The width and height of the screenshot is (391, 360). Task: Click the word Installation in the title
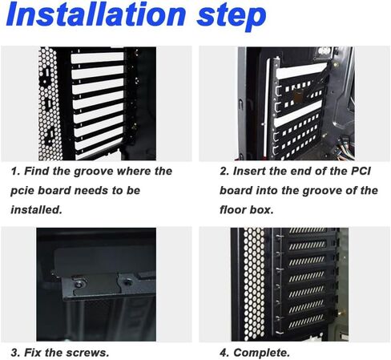(95, 14)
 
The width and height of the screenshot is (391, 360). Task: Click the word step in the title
(232, 17)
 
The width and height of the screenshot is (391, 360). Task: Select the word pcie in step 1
(22, 191)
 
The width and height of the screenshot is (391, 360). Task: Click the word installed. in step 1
(36, 209)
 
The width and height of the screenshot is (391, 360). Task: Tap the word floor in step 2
(232, 209)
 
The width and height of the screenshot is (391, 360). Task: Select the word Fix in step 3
(33, 353)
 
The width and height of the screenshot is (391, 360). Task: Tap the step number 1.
(14, 172)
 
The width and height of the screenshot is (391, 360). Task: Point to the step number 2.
(224, 172)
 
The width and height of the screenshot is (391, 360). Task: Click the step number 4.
(224, 353)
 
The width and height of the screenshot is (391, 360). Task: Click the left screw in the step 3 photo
(79, 284)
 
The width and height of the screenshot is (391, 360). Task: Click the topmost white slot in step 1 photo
(97, 58)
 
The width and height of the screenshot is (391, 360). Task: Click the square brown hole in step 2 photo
(299, 97)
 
